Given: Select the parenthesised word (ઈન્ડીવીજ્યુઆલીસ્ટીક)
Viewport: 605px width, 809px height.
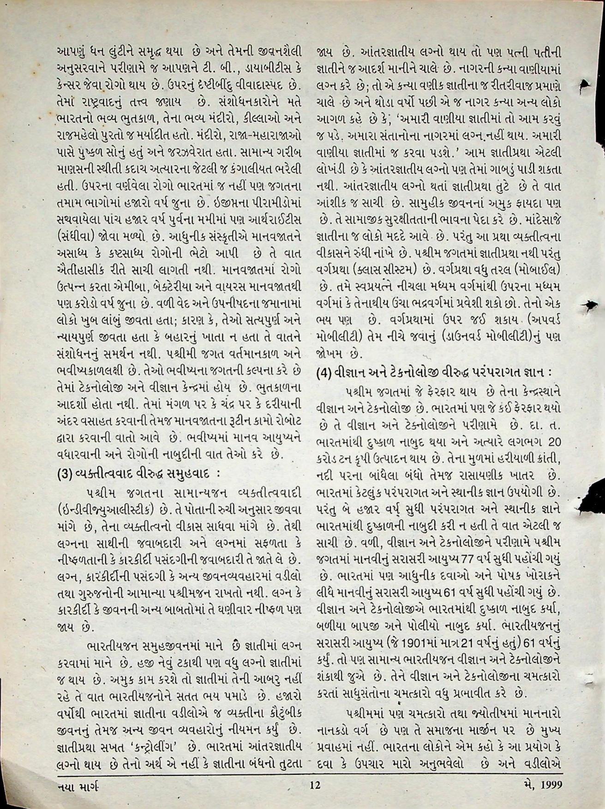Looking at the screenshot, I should [104, 511].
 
